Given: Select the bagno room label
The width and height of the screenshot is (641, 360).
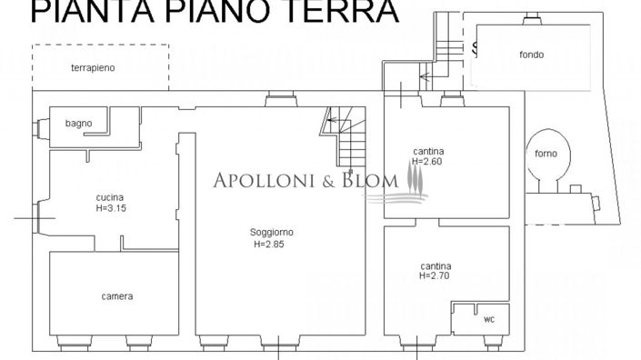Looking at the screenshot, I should tap(78, 123).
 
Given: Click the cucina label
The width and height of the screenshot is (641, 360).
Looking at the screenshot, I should tap(109, 197).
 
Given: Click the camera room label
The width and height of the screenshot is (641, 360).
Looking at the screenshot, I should tap(117, 296).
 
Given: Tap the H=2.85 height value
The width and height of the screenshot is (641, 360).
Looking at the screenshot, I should tap(271, 244).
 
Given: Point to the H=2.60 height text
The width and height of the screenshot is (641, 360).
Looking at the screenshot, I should tap(426, 161).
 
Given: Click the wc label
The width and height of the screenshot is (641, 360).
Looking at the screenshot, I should tap(488, 319).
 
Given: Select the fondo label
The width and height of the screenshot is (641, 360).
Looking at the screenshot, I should tap(532, 55).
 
